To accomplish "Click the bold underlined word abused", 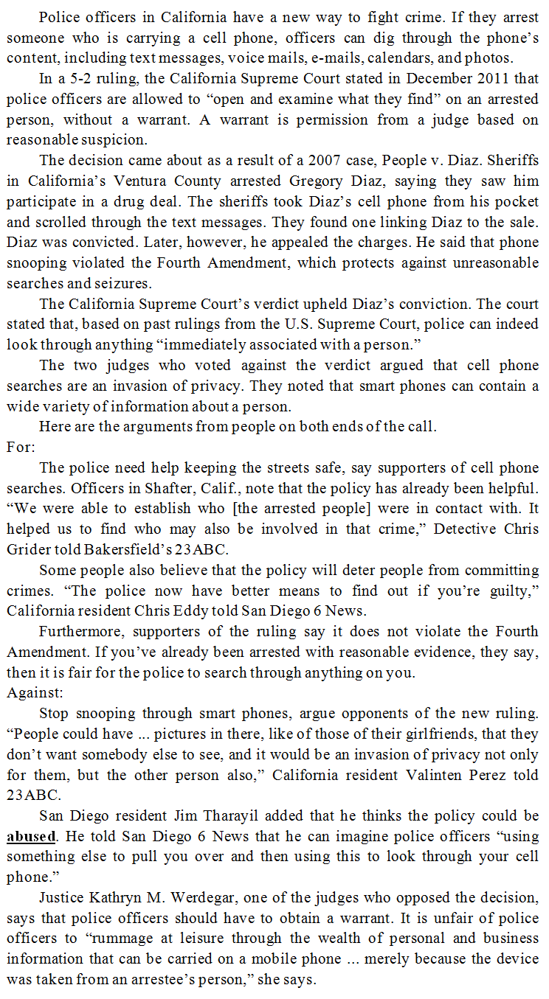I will point(31,837).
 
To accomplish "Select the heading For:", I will point(21,447).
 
